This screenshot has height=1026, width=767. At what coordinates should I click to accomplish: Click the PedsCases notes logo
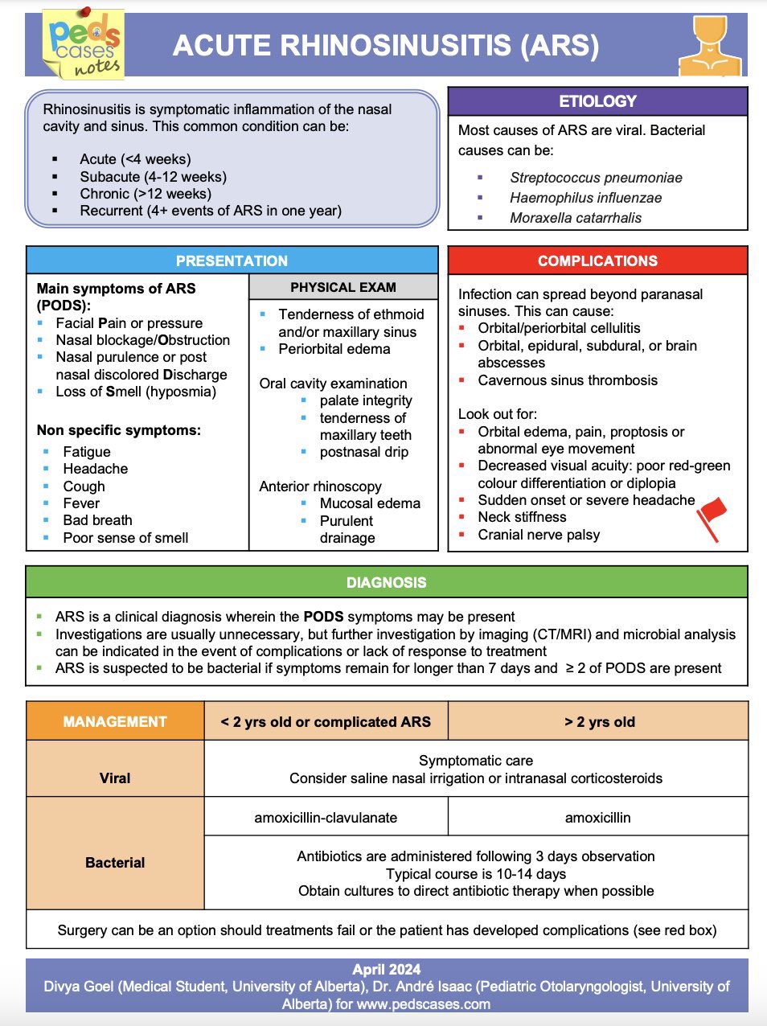pyautogui.click(x=84, y=44)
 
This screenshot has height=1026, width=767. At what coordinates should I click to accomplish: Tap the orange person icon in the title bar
pyautogui.click(x=709, y=46)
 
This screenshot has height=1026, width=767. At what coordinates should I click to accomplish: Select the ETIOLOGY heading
pyautogui.click(x=597, y=101)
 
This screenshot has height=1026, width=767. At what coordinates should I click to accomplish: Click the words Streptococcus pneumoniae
pyautogui.click(x=596, y=178)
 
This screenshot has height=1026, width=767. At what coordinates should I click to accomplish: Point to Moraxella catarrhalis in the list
pyautogui.click(x=576, y=218)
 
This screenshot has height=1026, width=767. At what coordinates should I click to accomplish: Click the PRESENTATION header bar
pyautogui.click(x=232, y=261)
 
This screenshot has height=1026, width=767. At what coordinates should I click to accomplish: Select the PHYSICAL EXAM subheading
pyautogui.click(x=343, y=287)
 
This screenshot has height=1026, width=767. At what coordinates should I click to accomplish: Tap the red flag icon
pyautogui.click(x=712, y=516)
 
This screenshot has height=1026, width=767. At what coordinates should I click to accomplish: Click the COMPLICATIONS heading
pyautogui.click(x=597, y=261)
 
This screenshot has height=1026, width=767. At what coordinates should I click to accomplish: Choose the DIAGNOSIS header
pyautogui.click(x=386, y=582)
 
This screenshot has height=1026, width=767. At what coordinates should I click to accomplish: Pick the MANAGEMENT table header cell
pyautogui.click(x=115, y=721)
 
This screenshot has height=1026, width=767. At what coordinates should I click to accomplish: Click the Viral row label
pyautogui.click(x=115, y=778)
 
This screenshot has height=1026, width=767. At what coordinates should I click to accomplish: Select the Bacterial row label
pyautogui.click(x=115, y=863)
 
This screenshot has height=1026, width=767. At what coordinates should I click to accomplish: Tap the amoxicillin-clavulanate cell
pyautogui.click(x=326, y=818)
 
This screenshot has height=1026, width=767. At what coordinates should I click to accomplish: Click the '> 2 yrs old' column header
pyautogui.click(x=600, y=721)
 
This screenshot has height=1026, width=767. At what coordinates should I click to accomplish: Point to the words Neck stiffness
pyautogui.click(x=522, y=517)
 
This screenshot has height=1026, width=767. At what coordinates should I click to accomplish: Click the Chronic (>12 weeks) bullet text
pyautogui.click(x=146, y=194)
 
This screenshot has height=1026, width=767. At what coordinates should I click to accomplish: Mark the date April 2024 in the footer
pyautogui.click(x=386, y=970)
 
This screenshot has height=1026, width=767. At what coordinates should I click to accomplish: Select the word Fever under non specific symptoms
pyautogui.click(x=81, y=503)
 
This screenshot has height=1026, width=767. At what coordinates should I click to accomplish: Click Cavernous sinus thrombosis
pyautogui.click(x=568, y=380)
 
